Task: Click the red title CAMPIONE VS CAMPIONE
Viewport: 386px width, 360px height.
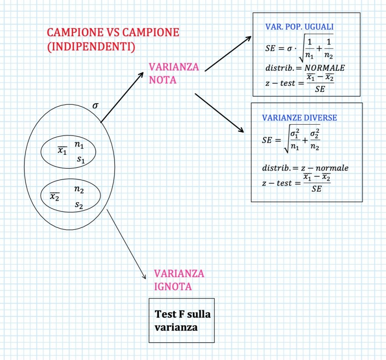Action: click(113, 33)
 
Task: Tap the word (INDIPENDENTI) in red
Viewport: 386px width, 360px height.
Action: click(91, 48)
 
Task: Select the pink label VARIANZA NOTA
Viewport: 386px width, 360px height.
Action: click(174, 74)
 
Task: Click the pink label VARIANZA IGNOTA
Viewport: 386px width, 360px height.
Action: click(179, 280)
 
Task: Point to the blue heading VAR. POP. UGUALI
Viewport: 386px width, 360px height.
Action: click(299, 27)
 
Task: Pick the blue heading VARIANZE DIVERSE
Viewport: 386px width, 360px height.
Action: click(299, 118)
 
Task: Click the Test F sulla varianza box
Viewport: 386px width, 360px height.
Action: click(182, 320)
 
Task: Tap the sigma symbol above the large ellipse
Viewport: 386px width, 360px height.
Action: click(95, 106)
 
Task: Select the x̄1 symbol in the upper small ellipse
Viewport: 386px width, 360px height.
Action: click(62, 150)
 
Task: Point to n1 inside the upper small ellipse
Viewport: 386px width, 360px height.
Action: click(79, 144)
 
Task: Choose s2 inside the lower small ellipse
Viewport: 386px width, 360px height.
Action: click(78, 205)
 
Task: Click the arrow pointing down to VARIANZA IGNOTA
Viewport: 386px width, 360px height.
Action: click(126, 244)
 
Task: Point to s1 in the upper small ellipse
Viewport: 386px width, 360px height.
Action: click(81, 160)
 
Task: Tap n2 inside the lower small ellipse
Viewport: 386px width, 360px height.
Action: click(79, 190)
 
